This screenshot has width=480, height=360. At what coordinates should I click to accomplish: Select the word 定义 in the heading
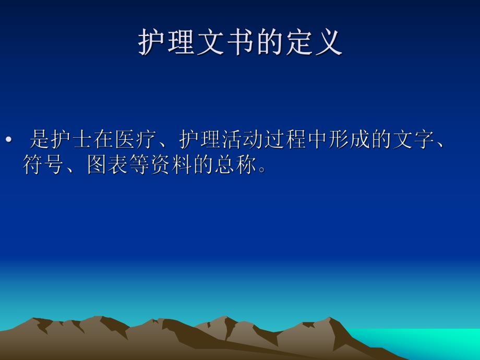click(313, 42)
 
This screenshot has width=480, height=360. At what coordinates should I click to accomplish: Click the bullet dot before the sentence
click(8, 140)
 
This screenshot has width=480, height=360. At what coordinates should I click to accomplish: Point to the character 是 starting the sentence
click(40, 140)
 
